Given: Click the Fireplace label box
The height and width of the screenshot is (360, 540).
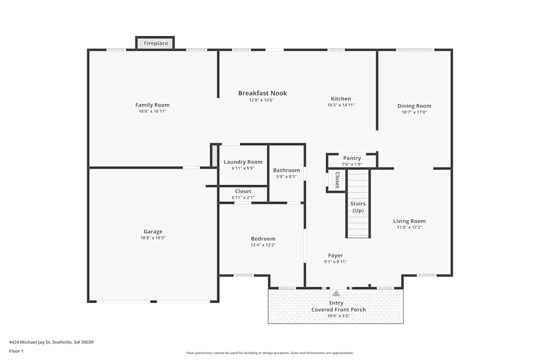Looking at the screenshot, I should tap(155, 43).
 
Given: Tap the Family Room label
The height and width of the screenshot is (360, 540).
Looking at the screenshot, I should tap(152, 105).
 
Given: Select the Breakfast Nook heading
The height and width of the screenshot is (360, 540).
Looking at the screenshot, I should tap(262, 93).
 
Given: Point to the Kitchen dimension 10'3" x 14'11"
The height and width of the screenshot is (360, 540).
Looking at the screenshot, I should tap(341, 105).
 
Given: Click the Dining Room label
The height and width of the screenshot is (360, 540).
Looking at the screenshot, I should tap(414, 106).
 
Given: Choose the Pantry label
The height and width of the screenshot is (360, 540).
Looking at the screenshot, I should tap(352, 158).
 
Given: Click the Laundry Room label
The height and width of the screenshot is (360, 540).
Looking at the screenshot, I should tap(243, 162).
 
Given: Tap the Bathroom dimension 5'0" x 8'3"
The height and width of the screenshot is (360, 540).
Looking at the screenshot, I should tap(286, 176).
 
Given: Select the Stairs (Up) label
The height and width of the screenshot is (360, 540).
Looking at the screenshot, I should tap(358, 207).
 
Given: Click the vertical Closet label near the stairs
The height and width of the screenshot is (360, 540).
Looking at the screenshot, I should tap(337, 180).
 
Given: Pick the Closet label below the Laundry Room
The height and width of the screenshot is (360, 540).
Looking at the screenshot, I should tap(243, 192).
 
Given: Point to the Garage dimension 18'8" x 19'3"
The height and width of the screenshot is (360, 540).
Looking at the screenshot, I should tap(153, 237).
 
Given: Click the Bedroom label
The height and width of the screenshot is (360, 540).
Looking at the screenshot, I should tap(263, 239).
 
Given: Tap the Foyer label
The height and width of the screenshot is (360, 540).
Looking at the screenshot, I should tap(335, 256).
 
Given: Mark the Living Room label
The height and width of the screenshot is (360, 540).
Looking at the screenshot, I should tap(409, 221).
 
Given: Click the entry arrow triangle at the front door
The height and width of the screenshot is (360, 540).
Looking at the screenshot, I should tap(336, 294).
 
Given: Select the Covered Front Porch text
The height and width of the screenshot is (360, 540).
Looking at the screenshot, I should tap(339, 310).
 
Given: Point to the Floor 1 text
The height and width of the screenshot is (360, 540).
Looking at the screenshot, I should tap(16, 351).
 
